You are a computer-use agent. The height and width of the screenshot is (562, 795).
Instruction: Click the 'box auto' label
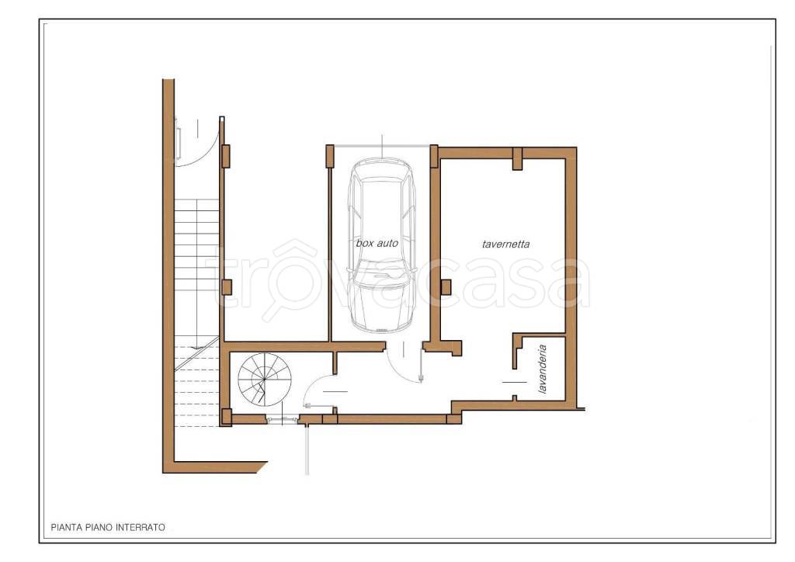click(x=377, y=243)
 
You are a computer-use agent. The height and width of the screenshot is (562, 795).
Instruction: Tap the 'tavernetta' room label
click(x=505, y=245)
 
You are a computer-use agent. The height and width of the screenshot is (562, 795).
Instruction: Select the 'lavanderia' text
click(x=542, y=369)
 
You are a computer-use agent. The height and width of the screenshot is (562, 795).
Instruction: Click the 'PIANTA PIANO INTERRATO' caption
click(x=108, y=528)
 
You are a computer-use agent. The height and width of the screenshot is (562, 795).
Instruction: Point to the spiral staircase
click(x=265, y=380)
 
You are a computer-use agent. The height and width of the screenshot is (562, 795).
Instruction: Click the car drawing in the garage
click(x=382, y=245)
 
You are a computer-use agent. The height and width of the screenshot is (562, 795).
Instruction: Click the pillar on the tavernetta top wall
click(x=517, y=158)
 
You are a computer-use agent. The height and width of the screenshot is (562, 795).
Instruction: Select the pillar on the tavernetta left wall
click(x=446, y=287)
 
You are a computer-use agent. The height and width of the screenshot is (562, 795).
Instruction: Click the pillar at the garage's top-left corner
click(x=329, y=155)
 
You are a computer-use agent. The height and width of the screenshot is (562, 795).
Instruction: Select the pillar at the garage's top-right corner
click(x=434, y=156)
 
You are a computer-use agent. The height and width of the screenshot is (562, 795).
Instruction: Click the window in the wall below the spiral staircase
click(x=283, y=419)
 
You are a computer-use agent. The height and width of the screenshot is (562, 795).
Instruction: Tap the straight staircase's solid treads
click(x=196, y=269)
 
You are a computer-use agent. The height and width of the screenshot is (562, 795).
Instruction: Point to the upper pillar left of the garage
click(x=226, y=156)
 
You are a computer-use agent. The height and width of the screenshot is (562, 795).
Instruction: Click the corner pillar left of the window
click(x=226, y=417)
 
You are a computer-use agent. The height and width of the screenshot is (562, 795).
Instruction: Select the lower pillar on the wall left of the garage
click(x=227, y=287)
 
